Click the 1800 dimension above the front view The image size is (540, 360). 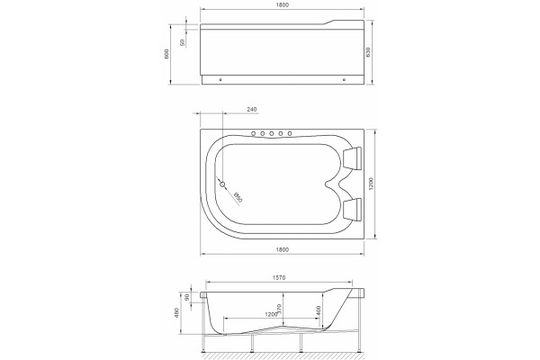click(282, 4)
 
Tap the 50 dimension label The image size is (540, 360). click(183, 42)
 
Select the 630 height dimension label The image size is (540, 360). click(368, 52)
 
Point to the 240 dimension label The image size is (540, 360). click(252, 110)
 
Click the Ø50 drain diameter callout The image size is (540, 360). click(238, 197)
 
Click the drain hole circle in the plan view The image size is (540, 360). click(222, 184)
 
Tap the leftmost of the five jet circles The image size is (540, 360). click(254, 133)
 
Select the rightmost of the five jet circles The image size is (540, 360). click(290, 133)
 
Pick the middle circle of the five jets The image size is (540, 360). click(272, 133)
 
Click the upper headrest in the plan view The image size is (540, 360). click(352, 158)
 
